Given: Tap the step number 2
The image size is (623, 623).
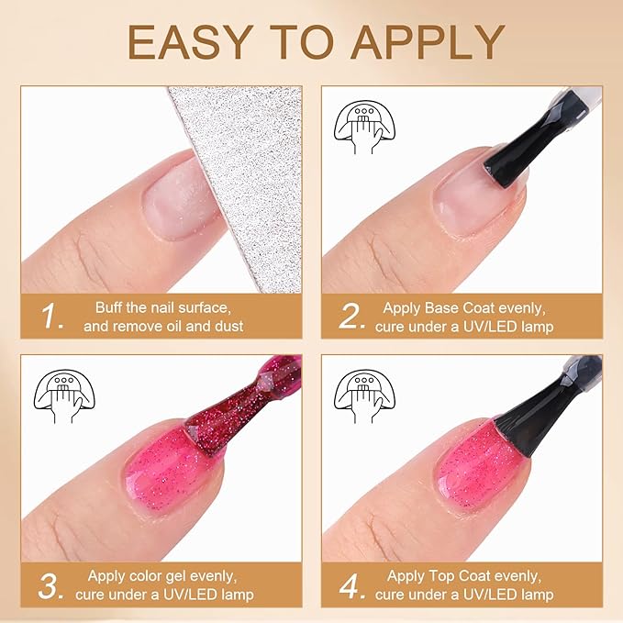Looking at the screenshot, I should (x=353, y=317).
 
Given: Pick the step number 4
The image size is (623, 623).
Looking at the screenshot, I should (x=353, y=585).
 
